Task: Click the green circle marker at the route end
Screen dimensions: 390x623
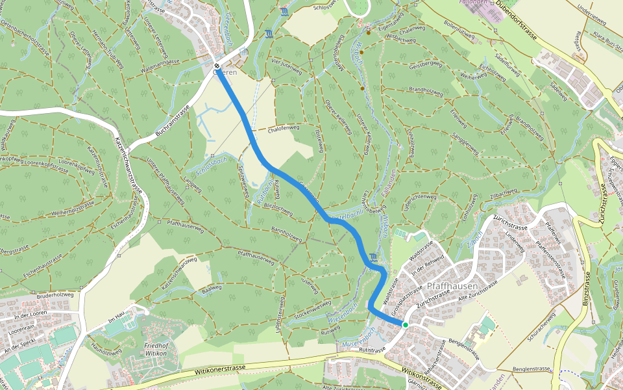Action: tap(405, 324)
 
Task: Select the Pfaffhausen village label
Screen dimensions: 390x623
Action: tap(452, 287)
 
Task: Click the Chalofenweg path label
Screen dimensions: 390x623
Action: tap(284, 129)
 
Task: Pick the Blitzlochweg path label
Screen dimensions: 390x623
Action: tap(278, 209)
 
